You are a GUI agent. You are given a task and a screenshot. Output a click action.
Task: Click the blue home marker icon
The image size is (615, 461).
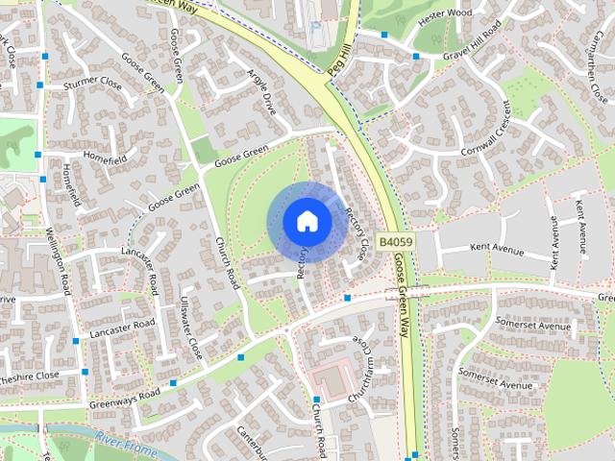[307, 220]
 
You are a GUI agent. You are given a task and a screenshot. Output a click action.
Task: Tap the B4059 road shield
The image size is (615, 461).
[395, 243]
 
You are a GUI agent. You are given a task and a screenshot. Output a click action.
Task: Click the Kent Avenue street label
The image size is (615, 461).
[496, 248]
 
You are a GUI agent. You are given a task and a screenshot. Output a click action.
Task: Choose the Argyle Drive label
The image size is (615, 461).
[261, 92]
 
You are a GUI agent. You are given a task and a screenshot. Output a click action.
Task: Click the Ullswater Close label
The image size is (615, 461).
[192, 328]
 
